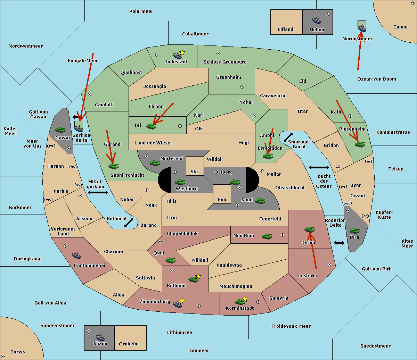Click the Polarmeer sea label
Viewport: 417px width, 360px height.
141,11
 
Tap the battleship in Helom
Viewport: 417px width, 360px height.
316,20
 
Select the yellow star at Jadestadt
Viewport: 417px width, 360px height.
182,52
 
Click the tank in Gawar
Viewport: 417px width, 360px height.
60,129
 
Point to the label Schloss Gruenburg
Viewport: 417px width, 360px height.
225,62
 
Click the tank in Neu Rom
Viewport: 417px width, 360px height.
267,236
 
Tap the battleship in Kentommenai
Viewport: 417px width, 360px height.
76,256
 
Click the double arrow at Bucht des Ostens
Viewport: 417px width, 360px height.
319,168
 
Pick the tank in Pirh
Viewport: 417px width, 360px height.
354,231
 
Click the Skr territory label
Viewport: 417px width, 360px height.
194,172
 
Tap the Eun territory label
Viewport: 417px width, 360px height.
222,200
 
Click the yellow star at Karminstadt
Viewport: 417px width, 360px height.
245,299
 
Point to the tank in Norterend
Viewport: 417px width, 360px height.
155,163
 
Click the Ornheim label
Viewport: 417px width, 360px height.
129,344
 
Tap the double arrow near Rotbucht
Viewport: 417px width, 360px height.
129,223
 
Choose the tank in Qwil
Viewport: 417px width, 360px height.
170,260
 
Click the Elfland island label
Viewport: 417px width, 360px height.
285,30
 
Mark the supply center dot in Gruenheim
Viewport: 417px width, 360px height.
242,87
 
